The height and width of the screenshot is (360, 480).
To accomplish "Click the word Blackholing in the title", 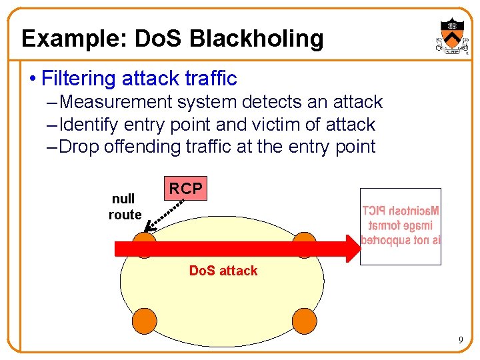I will click(x=257, y=39).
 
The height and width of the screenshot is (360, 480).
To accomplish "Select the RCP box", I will click(x=185, y=189).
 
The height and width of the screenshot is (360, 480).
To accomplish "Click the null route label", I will click(x=125, y=207).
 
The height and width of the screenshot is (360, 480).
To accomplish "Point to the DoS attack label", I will click(x=223, y=271).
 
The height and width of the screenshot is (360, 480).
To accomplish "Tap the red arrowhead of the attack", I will click(x=352, y=249).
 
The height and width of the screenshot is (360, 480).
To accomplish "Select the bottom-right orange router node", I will click(x=304, y=321).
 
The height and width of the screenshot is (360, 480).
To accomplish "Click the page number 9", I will click(x=460, y=341).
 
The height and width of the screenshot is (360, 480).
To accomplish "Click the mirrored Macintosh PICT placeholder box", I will click(x=401, y=226).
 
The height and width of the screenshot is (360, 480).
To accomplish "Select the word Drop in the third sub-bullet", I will click(x=77, y=147).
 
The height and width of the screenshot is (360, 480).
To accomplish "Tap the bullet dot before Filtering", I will click(x=33, y=79).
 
